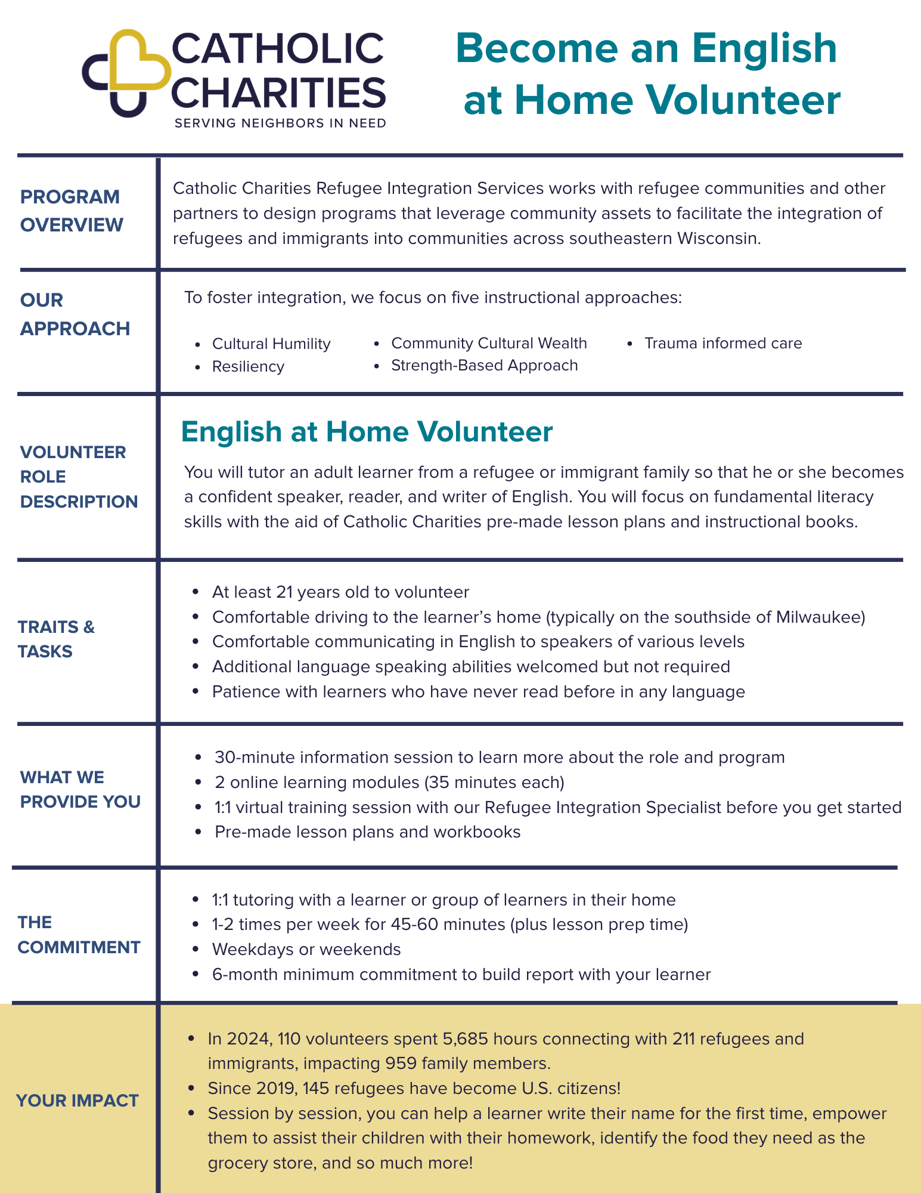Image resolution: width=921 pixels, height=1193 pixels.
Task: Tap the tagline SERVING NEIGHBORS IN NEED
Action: [x=280, y=123]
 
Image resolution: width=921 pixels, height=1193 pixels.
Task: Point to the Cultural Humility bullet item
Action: [x=271, y=344]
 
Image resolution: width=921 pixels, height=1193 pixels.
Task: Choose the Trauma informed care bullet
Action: [x=722, y=344]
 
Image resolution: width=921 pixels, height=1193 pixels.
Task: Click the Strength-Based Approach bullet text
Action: [x=484, y=366]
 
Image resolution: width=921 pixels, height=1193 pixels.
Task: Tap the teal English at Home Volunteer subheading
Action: [x=367, y=432]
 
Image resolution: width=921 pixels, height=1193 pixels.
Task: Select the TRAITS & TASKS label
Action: [x=56, y=639]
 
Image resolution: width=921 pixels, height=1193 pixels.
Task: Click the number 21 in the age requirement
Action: [x=284, y=592]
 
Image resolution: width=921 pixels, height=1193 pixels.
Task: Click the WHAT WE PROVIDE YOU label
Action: [x=80, y=789]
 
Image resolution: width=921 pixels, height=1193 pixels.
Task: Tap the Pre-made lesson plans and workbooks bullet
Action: [x=367, y=832]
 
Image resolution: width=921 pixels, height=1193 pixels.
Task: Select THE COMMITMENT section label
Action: [x=79, y=935]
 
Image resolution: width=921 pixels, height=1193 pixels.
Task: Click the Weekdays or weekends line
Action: [x=306, y=949]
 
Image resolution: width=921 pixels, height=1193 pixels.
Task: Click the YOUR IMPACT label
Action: [x=77, y=1101]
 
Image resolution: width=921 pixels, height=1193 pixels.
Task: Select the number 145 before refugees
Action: [x=314, y=1089]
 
